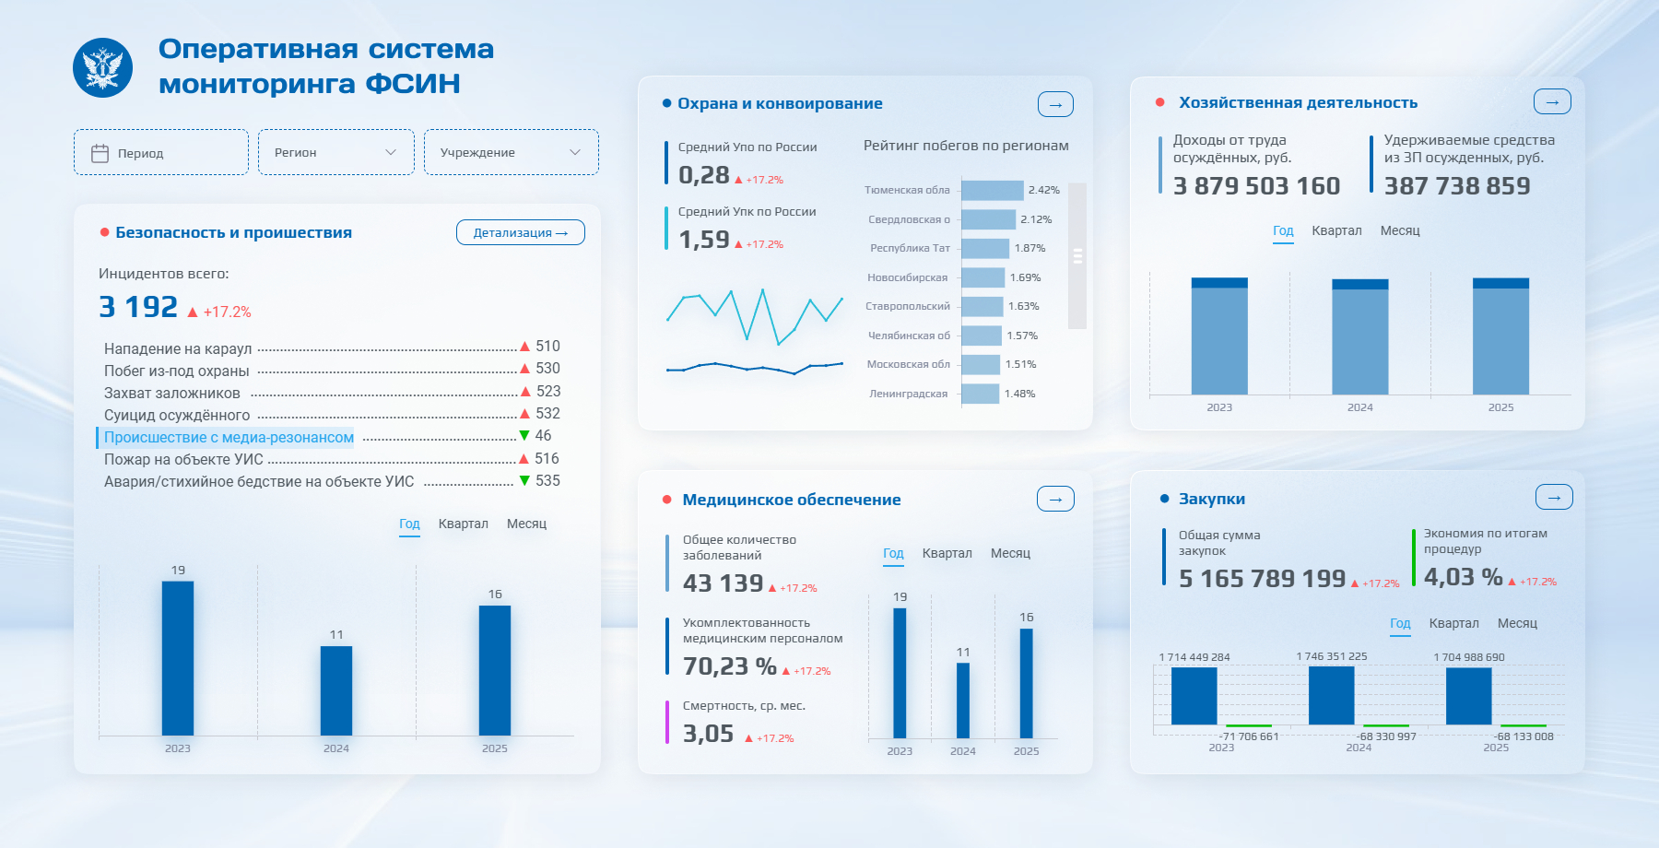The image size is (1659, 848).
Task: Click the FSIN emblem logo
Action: pos(102,67)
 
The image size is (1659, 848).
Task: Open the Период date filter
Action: pos(161,152)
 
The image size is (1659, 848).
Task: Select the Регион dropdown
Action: pos(336,152)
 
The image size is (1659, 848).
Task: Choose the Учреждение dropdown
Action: pos(512,152)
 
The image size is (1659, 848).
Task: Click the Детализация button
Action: pos(521,232)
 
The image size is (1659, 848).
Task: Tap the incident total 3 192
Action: pos(138,307)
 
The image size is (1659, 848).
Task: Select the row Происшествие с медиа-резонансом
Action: pos(229,437)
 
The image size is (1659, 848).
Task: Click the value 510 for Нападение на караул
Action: pos(547,347)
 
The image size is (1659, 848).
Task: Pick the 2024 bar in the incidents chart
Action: pos(336,690)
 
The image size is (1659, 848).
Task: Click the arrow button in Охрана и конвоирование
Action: pos(1055,104)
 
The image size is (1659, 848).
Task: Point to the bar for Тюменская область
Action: pos(993,190)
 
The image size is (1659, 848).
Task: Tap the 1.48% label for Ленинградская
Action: pos(1020,394)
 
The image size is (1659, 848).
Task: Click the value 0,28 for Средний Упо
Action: pos(704,175)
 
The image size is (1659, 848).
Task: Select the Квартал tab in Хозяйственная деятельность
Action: pos(1336,230)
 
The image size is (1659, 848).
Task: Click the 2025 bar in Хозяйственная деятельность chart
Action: pos(1500,336)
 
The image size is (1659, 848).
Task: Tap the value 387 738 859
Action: pos(1457,186)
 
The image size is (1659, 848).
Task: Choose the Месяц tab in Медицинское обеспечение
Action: pos(1010,553)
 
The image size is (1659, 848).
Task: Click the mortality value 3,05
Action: pos(709,734)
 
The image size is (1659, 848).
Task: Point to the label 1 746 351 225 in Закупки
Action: pos(1332,656)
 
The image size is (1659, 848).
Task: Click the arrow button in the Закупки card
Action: pos(1554,497)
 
